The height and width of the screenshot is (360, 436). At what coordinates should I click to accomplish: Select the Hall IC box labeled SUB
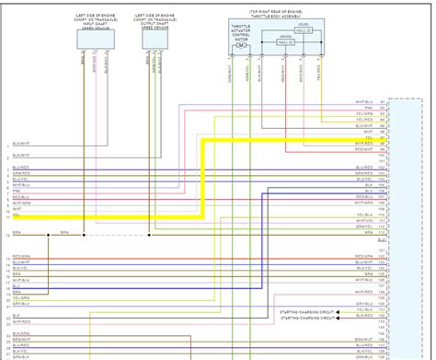coord(306,30)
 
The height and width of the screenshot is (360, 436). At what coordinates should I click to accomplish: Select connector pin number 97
coord(382,141)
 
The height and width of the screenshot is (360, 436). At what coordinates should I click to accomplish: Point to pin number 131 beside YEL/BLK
coord(382,311)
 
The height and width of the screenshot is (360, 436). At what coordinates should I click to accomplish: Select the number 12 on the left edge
coord(7,237)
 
